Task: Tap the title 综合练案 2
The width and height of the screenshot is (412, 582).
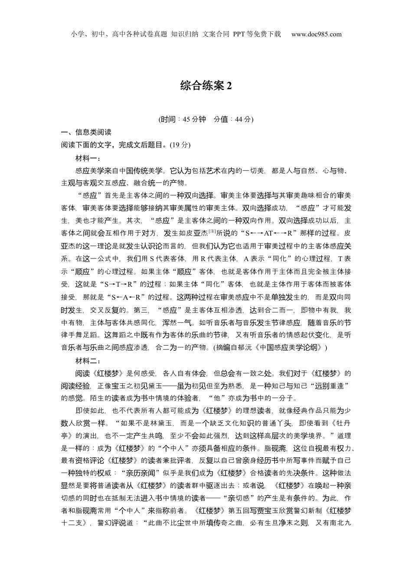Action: [x=206, y=86]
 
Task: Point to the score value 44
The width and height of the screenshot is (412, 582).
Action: [x=239, y=120]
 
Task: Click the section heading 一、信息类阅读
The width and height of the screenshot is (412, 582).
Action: [x=86, y=133]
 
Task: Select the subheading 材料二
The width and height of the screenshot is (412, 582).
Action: [x=88, y=361]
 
